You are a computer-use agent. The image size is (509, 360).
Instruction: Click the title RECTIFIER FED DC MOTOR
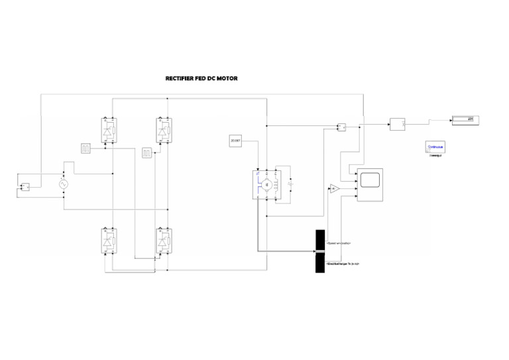201,78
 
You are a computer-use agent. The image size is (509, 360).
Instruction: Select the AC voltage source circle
64,184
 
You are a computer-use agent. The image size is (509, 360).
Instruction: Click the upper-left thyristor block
109,130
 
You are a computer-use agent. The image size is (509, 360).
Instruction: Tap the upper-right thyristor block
163,130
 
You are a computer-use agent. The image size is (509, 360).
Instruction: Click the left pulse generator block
85,148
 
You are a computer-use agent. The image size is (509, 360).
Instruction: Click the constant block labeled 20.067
235,141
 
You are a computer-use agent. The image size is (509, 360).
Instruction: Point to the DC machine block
266,184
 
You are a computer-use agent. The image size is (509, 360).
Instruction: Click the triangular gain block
334,189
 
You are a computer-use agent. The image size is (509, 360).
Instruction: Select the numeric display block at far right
465,120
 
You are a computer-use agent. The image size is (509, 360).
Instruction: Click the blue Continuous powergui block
435,147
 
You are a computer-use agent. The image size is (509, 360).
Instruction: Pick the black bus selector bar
320,251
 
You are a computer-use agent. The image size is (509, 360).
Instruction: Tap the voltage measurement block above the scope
342,126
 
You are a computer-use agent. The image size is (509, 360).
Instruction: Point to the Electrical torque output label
343,264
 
